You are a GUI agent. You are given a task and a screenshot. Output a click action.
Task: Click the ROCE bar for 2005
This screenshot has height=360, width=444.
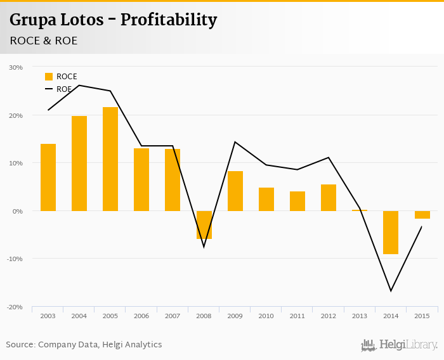point(110,158)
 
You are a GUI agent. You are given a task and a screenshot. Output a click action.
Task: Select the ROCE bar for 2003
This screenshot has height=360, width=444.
point(48,177)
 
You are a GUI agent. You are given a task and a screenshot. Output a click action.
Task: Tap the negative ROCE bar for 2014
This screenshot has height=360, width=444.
point(391,232)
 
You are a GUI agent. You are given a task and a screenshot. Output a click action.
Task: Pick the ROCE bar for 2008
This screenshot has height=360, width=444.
point(204,224)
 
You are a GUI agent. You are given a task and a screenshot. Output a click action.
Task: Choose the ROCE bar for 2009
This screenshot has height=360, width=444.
point(235,191)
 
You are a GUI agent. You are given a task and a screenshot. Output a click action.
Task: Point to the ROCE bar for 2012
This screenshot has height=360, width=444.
point(329,197)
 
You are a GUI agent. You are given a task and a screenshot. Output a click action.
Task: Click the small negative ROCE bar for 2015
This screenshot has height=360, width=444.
point(422,214)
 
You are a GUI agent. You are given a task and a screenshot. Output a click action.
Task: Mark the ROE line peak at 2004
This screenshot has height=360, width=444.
point(79,85)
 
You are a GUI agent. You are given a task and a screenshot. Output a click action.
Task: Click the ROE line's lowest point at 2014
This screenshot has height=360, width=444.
point(391,291)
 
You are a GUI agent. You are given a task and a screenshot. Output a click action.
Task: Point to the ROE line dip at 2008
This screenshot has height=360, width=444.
point(204,247)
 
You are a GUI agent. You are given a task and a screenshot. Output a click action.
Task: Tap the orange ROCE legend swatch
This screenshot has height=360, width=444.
point(49,77)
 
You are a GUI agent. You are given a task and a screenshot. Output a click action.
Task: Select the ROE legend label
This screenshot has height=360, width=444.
point(64,89)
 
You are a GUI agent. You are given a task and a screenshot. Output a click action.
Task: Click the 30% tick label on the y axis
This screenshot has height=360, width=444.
point(16,67)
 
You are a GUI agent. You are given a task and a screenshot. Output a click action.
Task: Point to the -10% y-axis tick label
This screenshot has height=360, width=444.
point(15,259)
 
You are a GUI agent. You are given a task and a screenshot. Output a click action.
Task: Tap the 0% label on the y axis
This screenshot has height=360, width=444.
point(17,210)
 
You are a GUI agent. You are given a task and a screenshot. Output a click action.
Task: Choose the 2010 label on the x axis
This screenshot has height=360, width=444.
point(266,316)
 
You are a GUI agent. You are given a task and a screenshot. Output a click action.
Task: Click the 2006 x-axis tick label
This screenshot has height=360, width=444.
point(141,316)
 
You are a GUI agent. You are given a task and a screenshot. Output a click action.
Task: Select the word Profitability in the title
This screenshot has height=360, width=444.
point(169,20)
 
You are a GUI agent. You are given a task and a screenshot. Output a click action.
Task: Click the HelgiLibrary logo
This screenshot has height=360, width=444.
point(400,345)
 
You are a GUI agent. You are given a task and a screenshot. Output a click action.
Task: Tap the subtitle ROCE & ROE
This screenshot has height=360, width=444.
point(44,41)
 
